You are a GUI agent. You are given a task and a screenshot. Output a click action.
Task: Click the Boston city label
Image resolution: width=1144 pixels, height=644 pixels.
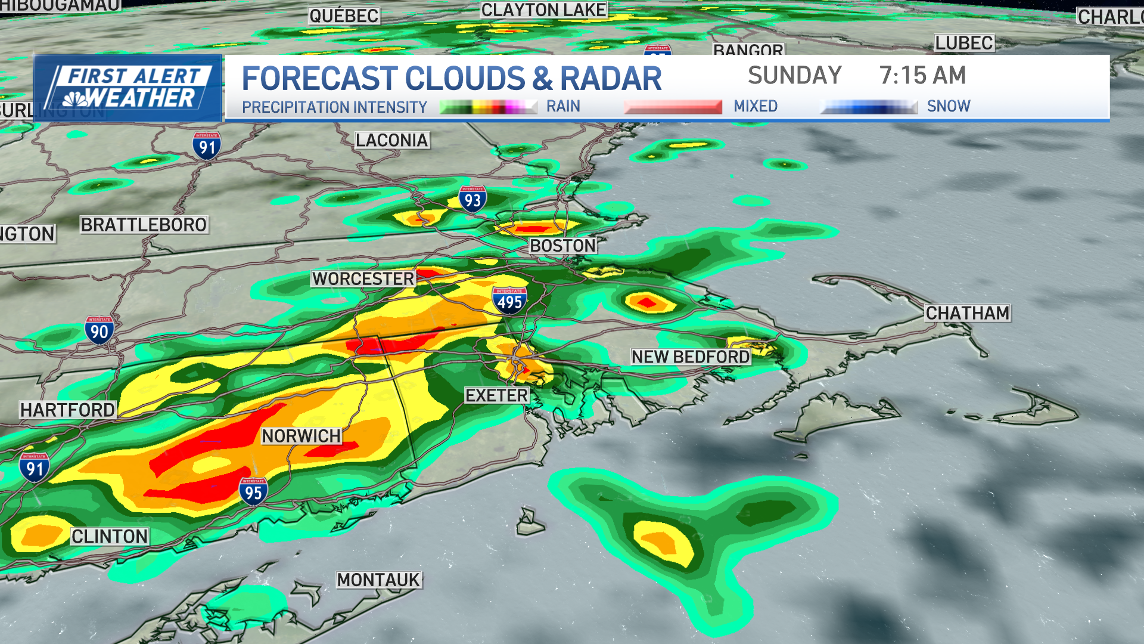(x=562, y=246)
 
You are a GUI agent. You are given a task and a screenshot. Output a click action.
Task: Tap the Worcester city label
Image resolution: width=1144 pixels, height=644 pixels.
(x=363, y=278)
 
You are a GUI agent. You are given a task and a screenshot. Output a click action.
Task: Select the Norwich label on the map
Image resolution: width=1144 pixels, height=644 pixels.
(x=301, y=436)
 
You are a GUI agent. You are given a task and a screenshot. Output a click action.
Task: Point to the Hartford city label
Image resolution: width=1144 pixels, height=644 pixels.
(x=67, y=410)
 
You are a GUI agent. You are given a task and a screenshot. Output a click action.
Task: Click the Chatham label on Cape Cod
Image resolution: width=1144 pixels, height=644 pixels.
(x=967, y=313)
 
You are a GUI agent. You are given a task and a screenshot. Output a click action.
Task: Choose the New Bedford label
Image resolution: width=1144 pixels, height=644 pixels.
(x=690, y=357)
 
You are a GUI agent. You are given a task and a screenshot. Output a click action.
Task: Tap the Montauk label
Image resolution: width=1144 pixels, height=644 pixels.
(x=378, y=580)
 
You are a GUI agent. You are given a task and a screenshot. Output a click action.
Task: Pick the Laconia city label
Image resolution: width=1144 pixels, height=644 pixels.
(x=391, y=140)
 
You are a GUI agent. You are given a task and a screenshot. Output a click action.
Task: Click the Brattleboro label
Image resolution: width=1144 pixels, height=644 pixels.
(x=144, y=225)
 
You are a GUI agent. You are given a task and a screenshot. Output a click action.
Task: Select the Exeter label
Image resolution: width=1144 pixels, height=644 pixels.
(x=496, y=395)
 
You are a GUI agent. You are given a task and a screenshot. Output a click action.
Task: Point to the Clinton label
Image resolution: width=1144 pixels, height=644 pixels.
(x=110, y=537)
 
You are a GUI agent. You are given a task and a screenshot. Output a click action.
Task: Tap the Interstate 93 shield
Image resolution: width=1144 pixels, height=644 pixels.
(x=472, y=199)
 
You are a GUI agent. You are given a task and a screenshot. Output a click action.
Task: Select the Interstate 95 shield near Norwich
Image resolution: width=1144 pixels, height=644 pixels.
(x=253, y=492)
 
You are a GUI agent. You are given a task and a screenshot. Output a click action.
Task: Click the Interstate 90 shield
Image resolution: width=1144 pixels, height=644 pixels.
(x=99, y=330)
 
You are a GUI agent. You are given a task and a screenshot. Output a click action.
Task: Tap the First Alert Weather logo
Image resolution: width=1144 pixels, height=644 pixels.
(x=128, y=88)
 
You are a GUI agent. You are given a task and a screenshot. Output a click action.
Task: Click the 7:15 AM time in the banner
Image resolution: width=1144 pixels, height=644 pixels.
(x=922, y=76)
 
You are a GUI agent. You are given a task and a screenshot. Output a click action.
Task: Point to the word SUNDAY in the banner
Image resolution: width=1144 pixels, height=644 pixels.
(x=794, y=76)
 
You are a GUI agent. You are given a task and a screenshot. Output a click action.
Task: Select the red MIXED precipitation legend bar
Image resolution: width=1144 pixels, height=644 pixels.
(x=673, y=107)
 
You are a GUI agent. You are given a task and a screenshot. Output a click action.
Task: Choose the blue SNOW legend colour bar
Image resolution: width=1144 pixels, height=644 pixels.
(x=869, y=107)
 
